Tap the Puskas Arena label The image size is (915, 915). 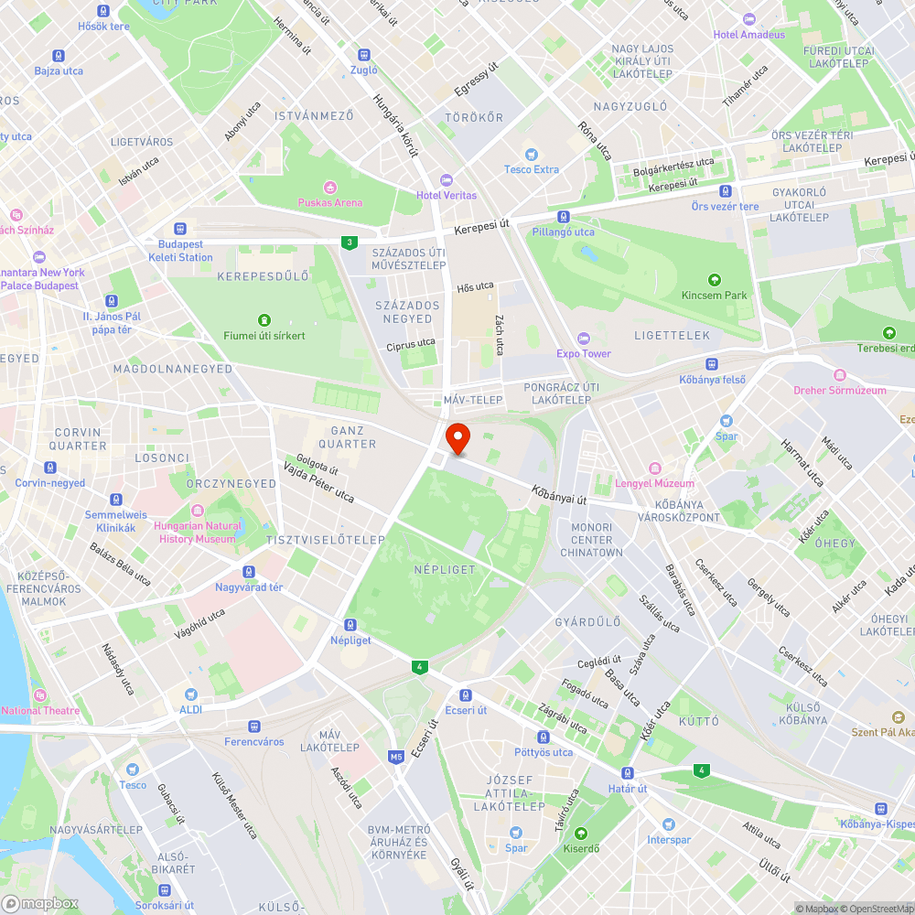[x=329, y=202]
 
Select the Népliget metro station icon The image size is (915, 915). [x=337, y=624]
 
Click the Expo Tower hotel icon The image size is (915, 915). [x=584, y=338]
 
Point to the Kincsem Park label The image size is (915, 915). [x=714, y=295]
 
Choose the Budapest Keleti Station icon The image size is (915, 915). [x=180, y=229]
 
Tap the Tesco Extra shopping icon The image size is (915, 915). [x=532, y=154]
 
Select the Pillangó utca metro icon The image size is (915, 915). [x=564, y=217]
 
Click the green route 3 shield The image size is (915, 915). [x=349, y=242]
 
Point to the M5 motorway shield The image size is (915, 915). [x=396, y=757]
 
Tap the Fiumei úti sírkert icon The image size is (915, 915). [x=264, y=319]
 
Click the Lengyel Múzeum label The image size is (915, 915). [x=655, y=482]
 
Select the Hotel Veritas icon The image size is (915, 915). [x=447, y=179]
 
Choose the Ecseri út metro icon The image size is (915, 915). [x=466, y=694]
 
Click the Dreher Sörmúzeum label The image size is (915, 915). [x=839, y=390]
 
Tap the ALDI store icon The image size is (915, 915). [x=190, y=694]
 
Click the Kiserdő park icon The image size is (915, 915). [x=580, y=833]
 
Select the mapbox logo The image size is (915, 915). [x=40, y=903]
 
